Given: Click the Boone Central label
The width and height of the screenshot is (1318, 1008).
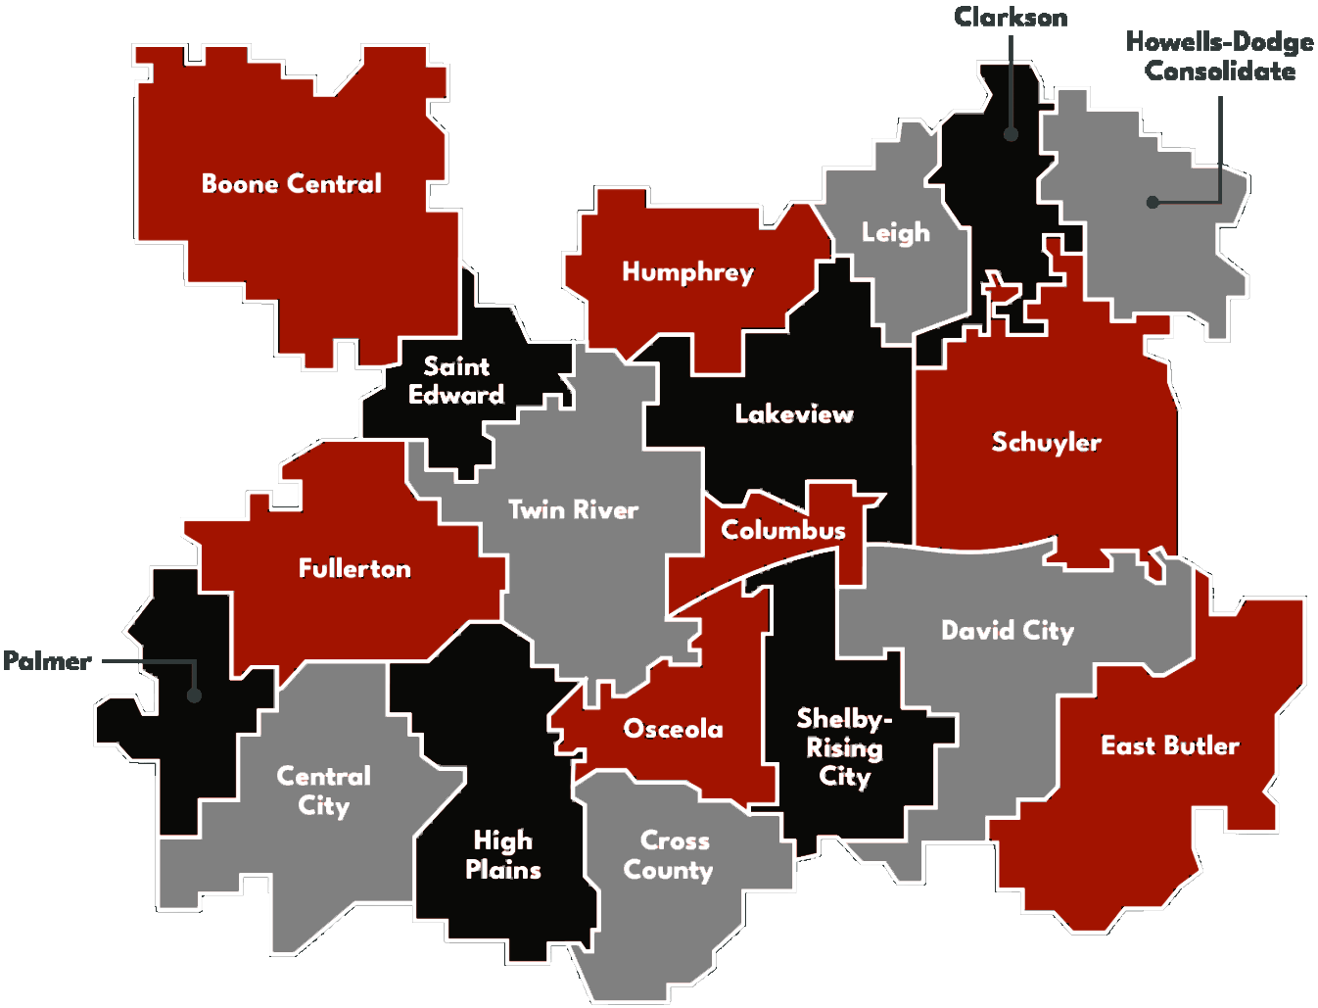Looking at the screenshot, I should (291, 184).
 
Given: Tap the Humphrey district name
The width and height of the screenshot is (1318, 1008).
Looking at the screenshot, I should (687, 272).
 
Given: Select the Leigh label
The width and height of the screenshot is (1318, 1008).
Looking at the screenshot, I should (895, 233).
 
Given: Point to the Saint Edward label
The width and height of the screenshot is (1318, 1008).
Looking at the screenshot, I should (456, 380).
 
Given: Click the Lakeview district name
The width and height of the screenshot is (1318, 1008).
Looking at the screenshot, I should (794, 414).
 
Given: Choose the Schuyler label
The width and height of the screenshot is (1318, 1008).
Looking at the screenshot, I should (1046, 443).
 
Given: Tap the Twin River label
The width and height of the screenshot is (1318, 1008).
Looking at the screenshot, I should (573, 509).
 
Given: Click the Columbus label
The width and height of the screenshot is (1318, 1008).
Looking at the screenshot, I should (782, 530).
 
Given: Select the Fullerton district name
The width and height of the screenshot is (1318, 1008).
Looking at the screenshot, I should (354, 568).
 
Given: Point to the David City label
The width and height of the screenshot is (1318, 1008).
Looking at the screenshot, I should (1008, 631).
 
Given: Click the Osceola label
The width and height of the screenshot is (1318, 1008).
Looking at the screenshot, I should (674, 729).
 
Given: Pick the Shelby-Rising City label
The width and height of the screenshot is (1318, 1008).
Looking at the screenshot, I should (843, 747).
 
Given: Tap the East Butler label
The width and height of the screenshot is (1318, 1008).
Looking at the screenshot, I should (1170, 746).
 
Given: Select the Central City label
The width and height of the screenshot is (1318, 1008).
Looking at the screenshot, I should (324, 791).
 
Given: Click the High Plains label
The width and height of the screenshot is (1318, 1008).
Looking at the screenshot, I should (503, 855).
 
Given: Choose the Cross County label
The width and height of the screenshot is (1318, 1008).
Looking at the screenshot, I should (670, 855).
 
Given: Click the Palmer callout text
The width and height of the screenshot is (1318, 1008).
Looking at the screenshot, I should (47, 661).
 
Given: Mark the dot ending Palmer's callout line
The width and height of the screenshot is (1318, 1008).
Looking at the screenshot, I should (195, 696).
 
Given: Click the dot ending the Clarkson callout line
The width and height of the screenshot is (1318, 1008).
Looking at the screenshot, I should (1011, 134).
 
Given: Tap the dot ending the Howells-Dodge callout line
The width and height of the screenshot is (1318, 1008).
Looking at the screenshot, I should (1153, 202).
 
